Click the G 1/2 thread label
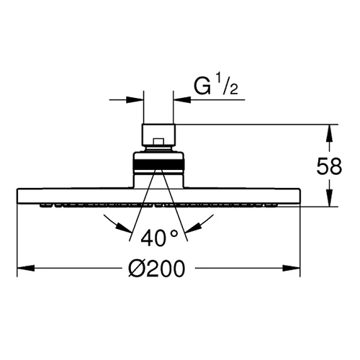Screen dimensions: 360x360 [216, 85]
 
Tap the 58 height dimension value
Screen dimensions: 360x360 [329, 166]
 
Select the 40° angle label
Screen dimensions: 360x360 [159, 238]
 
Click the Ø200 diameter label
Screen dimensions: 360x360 [157, 269]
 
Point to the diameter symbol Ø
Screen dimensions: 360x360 [136, 269]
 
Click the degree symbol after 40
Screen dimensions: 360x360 [174, 233]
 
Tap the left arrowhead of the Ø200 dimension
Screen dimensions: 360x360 [26, 268]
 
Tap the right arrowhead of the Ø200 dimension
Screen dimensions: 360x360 [292, 268]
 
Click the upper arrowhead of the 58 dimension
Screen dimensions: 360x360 [330, 133]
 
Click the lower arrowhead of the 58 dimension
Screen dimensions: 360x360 [330, 197]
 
